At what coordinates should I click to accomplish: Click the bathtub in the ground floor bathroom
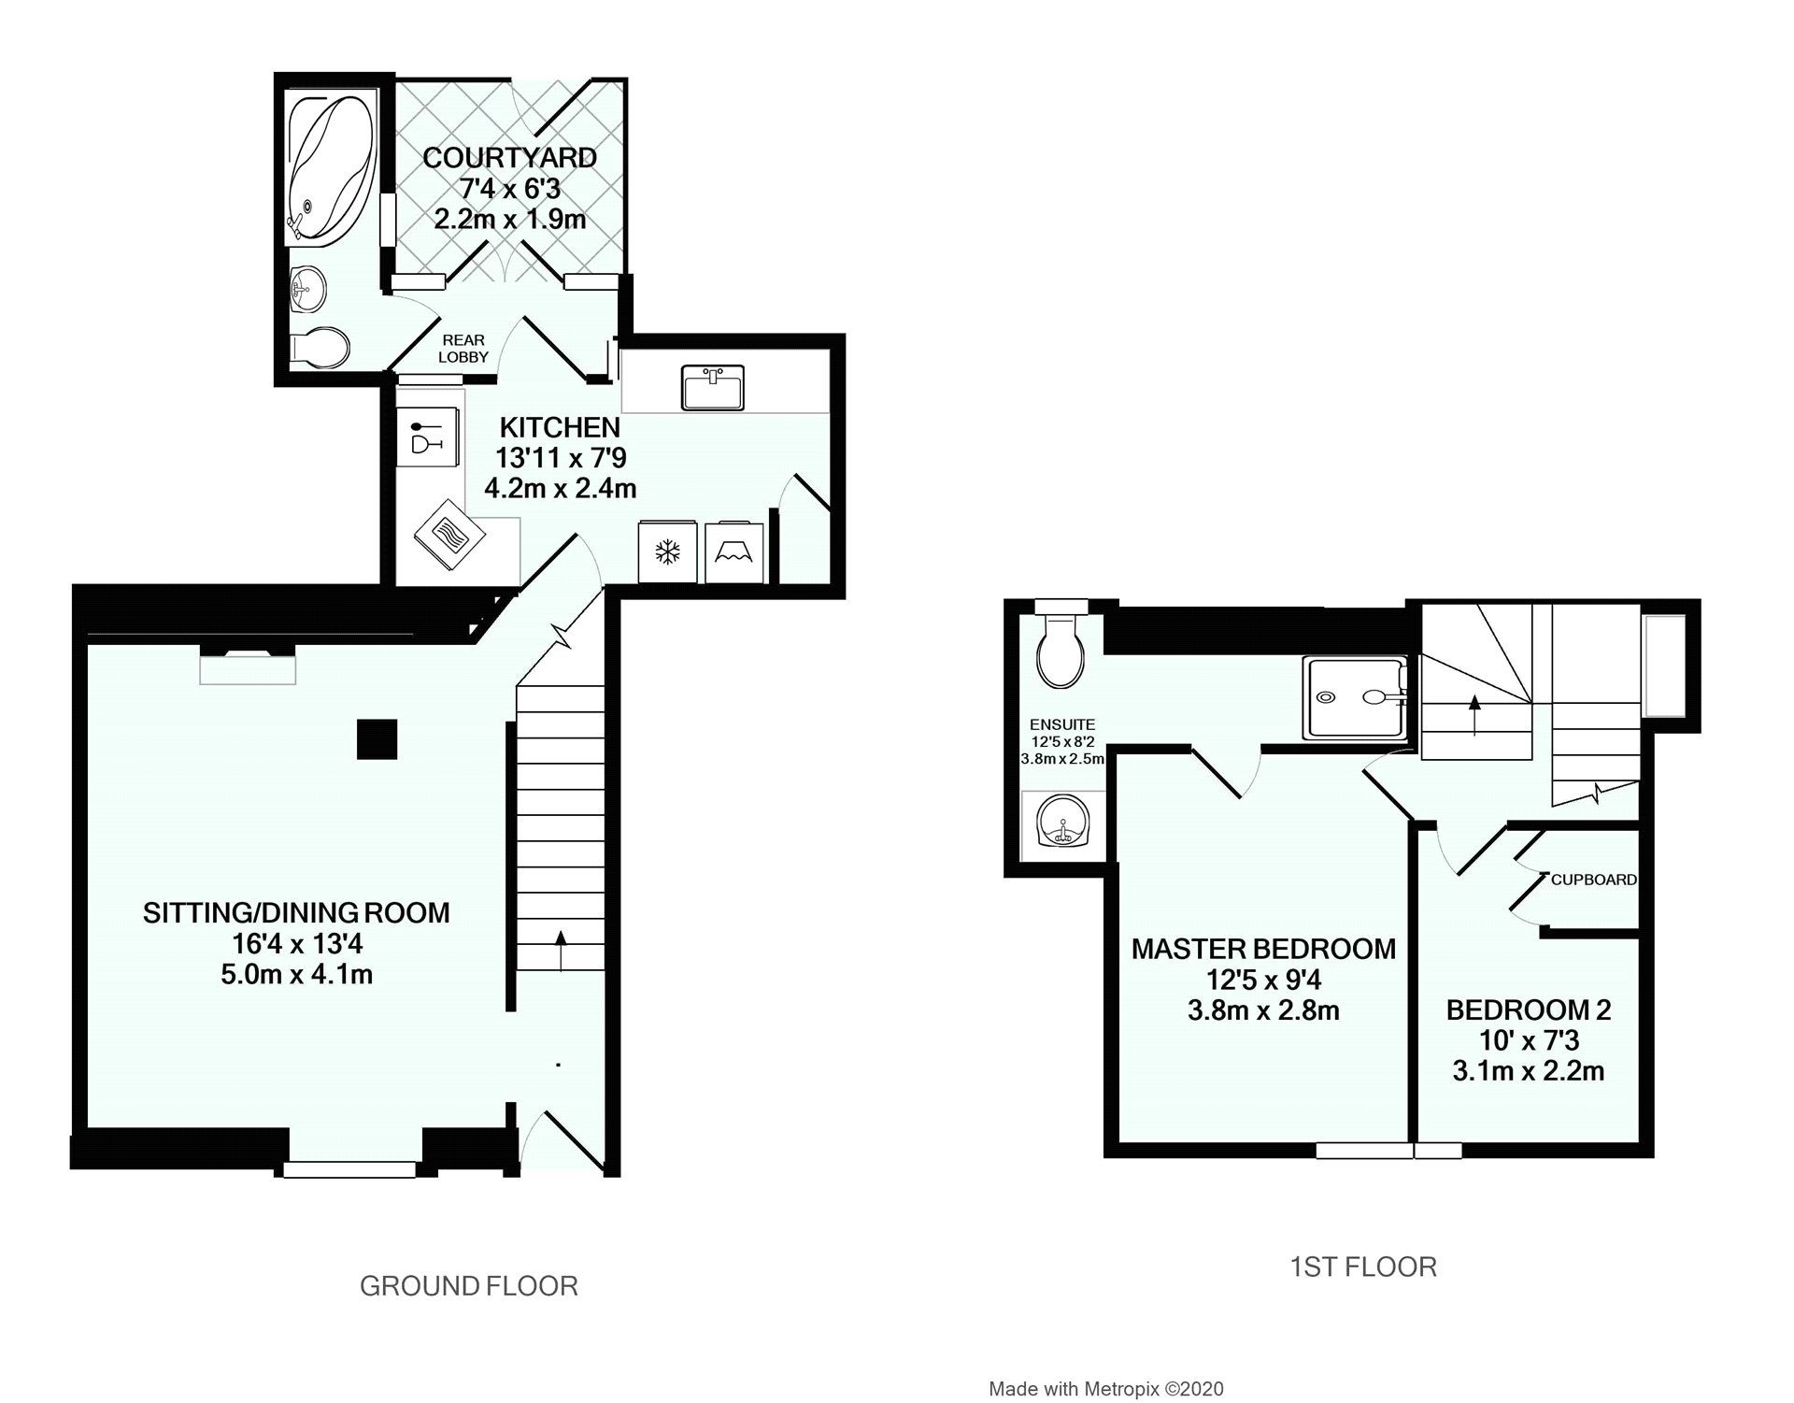click(x=329, y=168)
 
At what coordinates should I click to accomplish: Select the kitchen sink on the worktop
click(x=713, y=387)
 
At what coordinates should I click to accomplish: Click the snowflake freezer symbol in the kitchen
click(x=667, y=553)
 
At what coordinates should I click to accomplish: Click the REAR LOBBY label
click(x=464, y=349)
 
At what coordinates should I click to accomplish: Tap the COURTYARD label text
click(x=509, y=158)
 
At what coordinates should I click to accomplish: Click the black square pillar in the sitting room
click(x=377, y=738)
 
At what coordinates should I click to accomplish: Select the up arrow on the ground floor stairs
click(x=561, y=949)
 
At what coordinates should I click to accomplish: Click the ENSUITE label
click(x=1062, y=724)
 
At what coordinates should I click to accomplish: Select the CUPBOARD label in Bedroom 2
click(x=1593, y=880)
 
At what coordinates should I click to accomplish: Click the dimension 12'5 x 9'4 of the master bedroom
click(x=1262, y=980)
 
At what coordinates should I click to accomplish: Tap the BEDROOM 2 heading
click(x=1528, y=1009)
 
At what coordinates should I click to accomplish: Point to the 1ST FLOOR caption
click(x=1362, y=1267)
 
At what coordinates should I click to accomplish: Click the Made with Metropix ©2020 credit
click(x=1105, y=1389)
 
